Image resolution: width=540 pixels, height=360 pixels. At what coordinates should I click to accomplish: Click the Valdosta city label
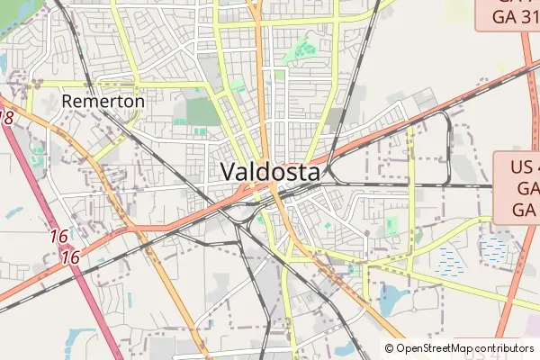pyautogui.click(x=269, y=171)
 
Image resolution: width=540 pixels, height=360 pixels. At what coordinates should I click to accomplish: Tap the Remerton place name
pyautogui.click(x=103, y=102)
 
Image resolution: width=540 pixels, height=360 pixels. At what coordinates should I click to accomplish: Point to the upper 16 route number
pyautogui.click(x=59, y=237)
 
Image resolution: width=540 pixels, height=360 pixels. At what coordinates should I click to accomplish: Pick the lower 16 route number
pyautogui.click(x=71, y=256)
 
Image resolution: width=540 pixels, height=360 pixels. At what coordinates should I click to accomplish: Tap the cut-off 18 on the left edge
pyautogui.click(x=7, y=118)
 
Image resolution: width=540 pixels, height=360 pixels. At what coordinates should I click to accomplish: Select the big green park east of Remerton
pyautogui.click(x=202, y=112)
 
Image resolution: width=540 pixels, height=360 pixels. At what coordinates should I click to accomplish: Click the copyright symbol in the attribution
pyautogui.click(x=390, y=348)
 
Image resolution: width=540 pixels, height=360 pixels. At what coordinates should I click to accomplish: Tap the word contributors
pyautogui.click(x=505, y=348)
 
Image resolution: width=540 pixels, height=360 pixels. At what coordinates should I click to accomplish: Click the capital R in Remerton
pyautogui.click(x=67, y=102)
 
